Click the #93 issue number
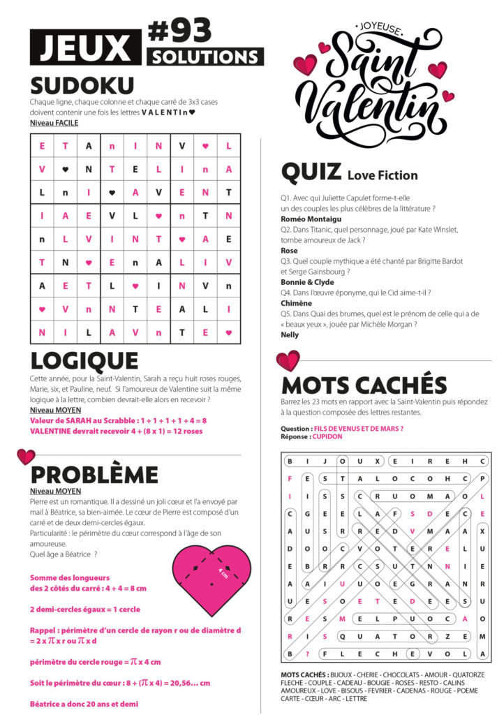[180, 31]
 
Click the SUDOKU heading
[82, 86]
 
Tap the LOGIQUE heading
[84, 360]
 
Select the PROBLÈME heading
[94, 475]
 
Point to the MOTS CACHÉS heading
[364, 385]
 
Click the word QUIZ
[311, 172]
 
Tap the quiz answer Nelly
[290, 334]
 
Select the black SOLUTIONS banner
[205, 57]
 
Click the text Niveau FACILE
[54, 123]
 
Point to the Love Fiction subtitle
[383, 175]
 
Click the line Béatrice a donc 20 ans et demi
[84, 704]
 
